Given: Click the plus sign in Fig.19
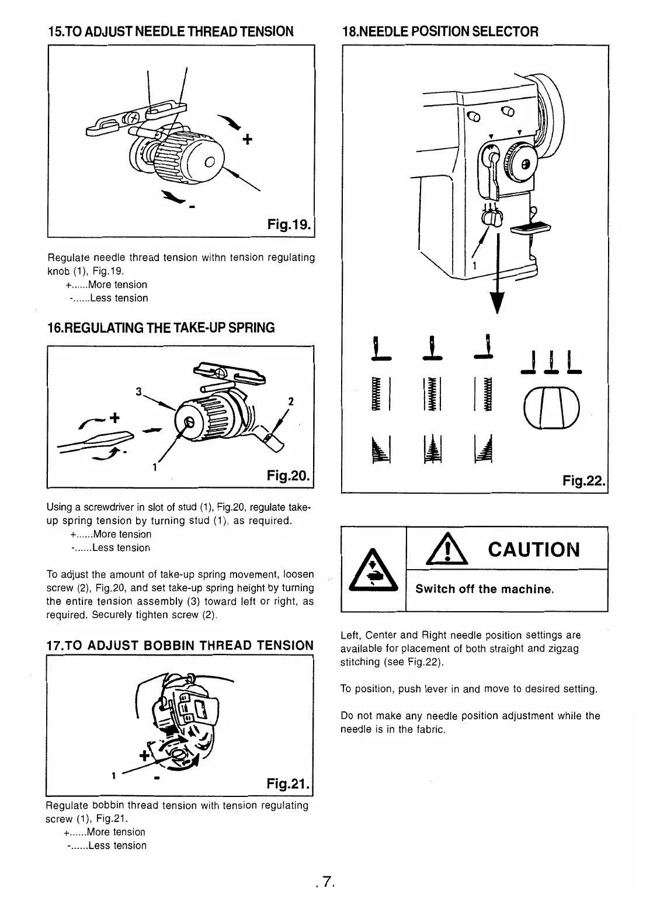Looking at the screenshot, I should coord(248,140).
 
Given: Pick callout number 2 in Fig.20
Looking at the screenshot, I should coord(290,401).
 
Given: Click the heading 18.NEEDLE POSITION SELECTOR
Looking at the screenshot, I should coord(439,32).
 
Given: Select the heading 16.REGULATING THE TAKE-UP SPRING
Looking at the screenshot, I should coord(160,328).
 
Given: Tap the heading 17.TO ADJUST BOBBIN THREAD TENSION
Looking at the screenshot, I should coord(179,645).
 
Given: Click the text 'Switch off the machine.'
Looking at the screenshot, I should coord(484,589).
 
